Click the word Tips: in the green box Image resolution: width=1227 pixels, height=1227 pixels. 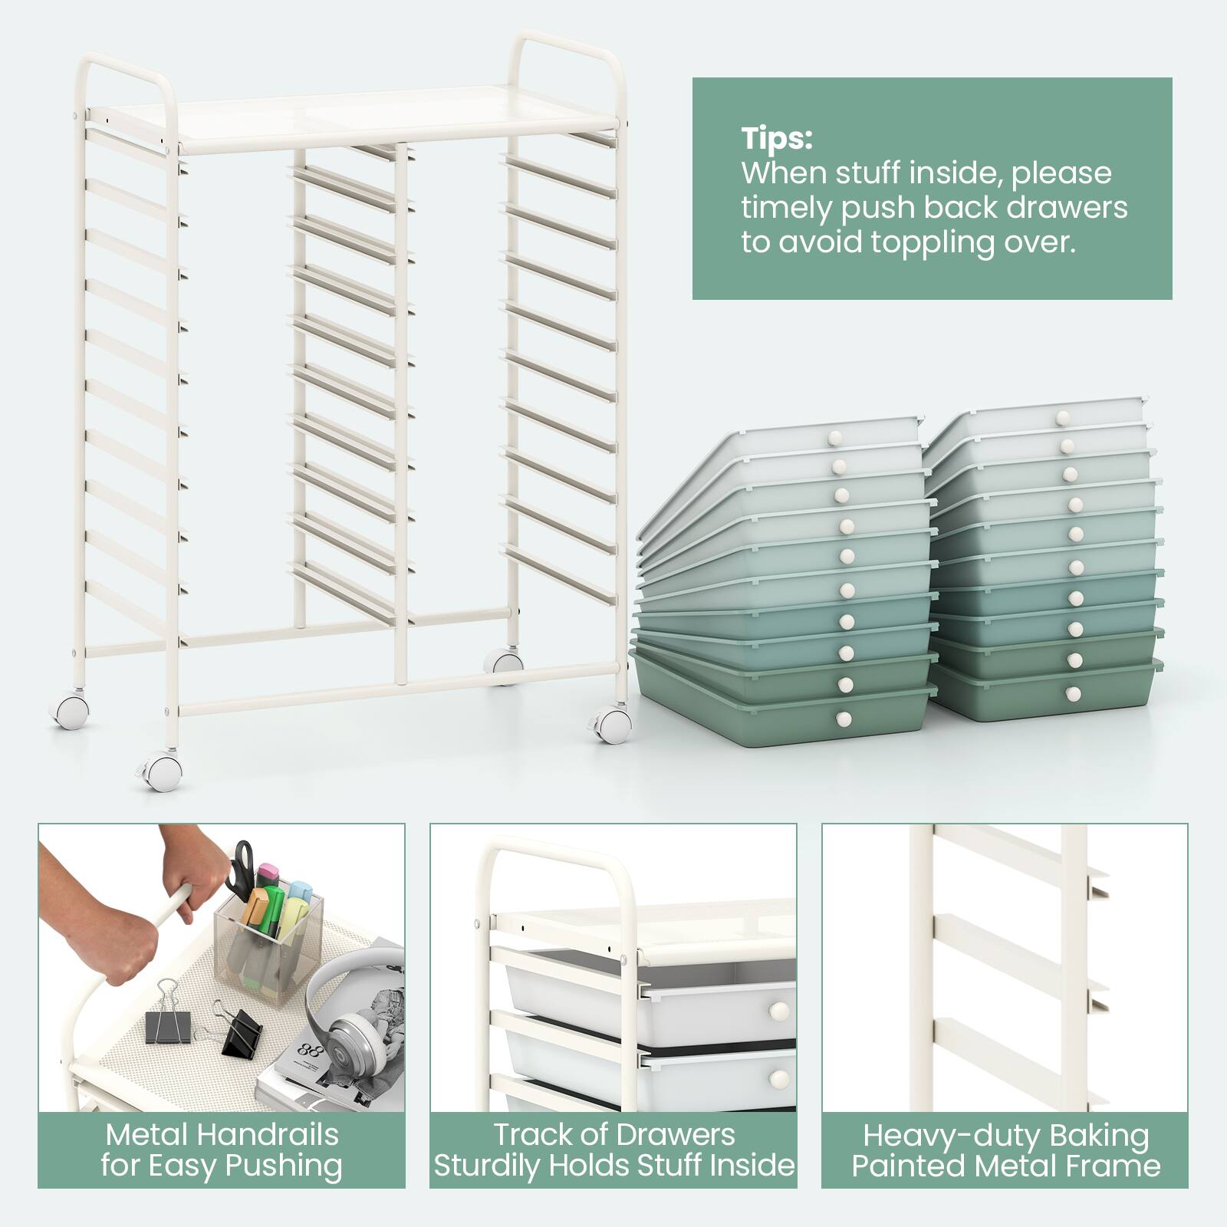pos(776,140)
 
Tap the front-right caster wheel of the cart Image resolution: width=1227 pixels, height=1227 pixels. pos(612,724)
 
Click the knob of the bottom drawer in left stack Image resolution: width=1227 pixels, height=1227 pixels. pos(843,719)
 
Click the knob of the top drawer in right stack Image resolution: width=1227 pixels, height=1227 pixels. pos(1062,418)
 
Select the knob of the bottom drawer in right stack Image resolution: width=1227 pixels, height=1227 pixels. pos(1073,694)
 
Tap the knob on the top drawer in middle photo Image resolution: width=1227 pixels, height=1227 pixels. pos(779,1011)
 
